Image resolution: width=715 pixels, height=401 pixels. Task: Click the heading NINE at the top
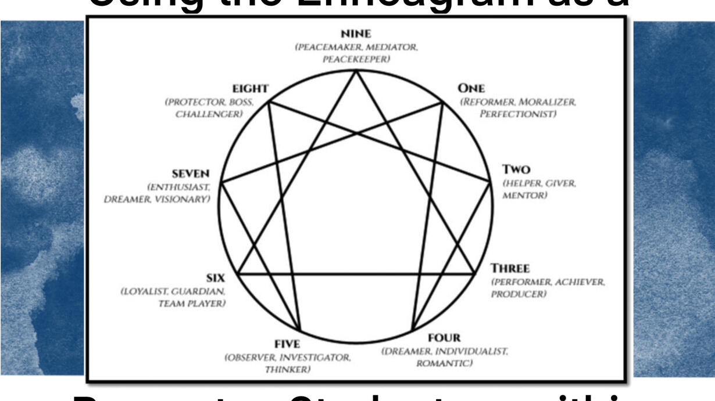pyautogui.click(x=356, y=34)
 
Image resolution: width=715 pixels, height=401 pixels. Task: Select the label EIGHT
pyautogui.click(x=250, y=89)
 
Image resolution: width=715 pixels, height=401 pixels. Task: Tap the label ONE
pyautogui.click(x=471, y=88)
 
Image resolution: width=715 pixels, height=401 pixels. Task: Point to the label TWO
pyautogui.click(x=516, y=169)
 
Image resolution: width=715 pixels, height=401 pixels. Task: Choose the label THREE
pyautogui.click(x=510, y=269)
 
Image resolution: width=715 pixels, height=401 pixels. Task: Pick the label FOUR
pyautogui.click(x=444, y=338)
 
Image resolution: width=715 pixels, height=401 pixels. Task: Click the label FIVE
pyautogui.click(x=287, y=344)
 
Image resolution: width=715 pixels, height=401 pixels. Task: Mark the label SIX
pyautogui.click(x=215, y=278)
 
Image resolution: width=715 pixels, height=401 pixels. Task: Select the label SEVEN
pyautogui.click(x=191, y=174)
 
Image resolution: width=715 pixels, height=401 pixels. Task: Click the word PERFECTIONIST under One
pyautogui.click(x=518, y=114)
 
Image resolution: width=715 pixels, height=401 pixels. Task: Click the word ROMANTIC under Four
pyautogui.click(x=444, y=364)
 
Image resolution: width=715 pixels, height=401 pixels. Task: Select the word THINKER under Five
pyautogui.click(x=288, y=370)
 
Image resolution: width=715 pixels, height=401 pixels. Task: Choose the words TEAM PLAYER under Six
pyautogui.click(x=192, y=304)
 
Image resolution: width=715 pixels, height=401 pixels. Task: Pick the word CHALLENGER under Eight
pyautogui.click(x=209, y=114)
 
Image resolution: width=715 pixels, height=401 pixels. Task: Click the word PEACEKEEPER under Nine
pyautogui.click(x=356, y=59)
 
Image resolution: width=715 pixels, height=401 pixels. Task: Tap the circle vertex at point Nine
pyautogui.click(x=356, y=70)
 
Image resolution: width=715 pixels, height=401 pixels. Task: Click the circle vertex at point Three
pyautogui.click(x=474, y=273)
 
